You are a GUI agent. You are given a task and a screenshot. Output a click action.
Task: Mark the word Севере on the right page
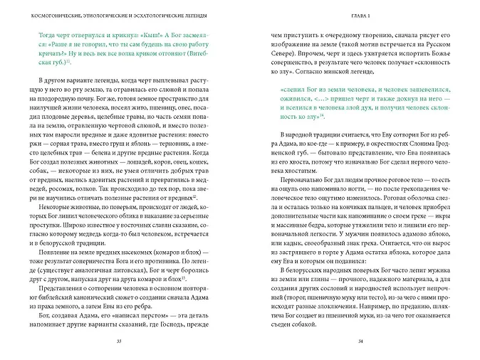(x=275, y=52)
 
